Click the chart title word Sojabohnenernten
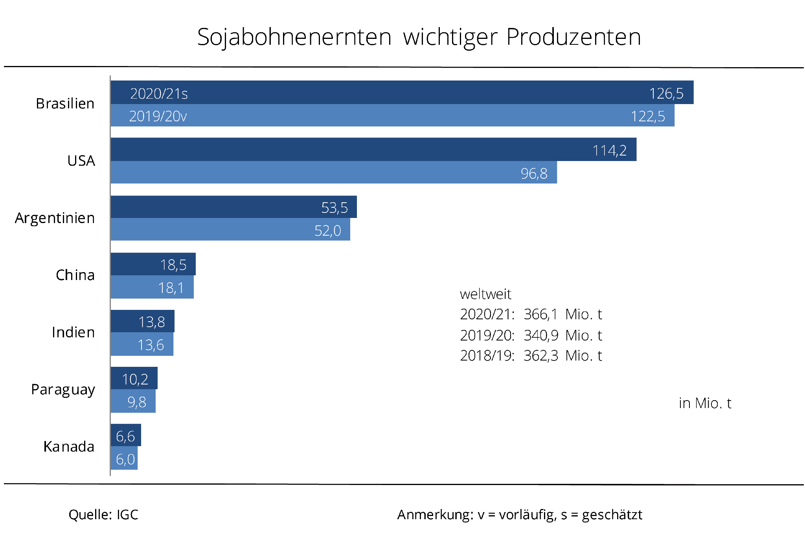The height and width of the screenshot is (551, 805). point(294,37)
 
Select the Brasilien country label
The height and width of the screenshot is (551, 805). point(65,104)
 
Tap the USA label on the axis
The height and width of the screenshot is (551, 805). point(81,161)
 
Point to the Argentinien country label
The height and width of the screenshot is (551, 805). point(55,218)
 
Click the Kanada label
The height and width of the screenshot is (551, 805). point(69,447)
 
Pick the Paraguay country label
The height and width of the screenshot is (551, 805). point(63,390)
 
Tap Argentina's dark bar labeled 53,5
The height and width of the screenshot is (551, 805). point(233,207)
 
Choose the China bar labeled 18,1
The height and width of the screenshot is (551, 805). point(152,287)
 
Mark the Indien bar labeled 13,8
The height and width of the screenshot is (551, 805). point(142,322)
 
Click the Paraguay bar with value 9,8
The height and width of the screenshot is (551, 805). point(133,401)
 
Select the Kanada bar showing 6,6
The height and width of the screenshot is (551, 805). point(125,435)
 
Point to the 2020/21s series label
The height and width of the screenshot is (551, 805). point(159,93)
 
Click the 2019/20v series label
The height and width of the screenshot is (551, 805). point(158,116)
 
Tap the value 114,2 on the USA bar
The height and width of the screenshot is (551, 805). point(609,150)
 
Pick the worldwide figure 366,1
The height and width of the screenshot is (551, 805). point(540,314)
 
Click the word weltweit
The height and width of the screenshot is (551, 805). point(485,294)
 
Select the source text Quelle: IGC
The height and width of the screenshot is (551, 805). point(103,514)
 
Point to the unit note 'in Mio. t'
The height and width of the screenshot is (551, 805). point(705,403)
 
